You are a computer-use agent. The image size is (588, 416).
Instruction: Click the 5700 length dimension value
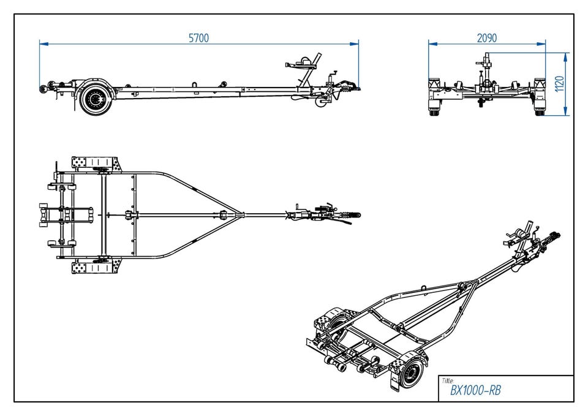[x=198, y=38]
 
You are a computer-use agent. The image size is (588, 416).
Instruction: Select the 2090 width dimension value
[x=486, y=38]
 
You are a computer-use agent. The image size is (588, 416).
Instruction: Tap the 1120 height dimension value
[x=559, y=83]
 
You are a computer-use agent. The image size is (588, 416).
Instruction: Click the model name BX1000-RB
[x=475, y=390]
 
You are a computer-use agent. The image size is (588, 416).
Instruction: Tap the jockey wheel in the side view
[x=320, y=103]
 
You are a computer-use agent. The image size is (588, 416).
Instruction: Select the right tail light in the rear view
[x=538, y=84]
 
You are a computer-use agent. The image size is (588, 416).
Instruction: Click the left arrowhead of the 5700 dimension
[x=42, y=43]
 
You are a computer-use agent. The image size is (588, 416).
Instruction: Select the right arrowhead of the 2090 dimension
[x=543, y=43]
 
